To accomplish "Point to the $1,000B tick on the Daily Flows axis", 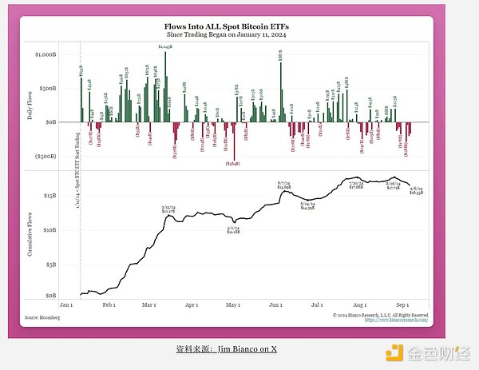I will click(x=45, y=54).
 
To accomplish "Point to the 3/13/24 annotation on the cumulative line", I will click(x=168, y=209).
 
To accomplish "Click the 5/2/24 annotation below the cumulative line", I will click(x=233, y=229).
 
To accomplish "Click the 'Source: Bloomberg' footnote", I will click(x=42, y=317).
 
